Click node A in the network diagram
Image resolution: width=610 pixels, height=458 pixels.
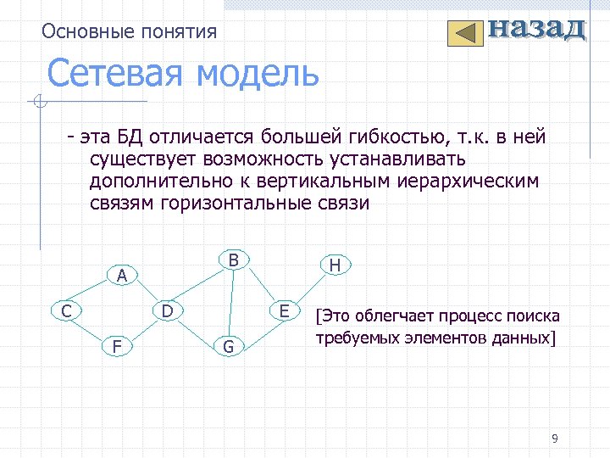[x=122, y=276]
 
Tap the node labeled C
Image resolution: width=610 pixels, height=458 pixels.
[x=66, y=311]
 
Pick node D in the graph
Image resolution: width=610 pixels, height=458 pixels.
[x=168, y=311]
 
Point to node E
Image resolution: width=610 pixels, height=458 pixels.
[x=285, y=311]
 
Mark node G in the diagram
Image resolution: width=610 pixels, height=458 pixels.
[x=228, y=346]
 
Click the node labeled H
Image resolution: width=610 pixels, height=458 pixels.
[x=335, y=265]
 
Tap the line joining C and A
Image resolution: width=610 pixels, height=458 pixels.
[x=95, y=293]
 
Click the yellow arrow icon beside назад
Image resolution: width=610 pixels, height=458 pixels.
[x=463, y=33]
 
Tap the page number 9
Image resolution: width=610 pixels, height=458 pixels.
[x=554, y=438]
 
